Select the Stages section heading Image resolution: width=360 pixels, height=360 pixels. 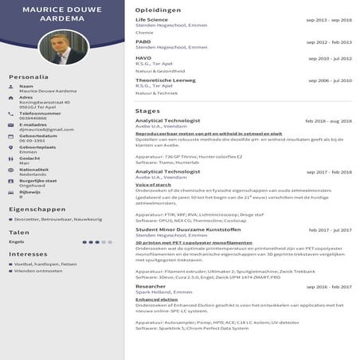148,111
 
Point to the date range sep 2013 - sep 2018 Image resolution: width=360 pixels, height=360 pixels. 329,19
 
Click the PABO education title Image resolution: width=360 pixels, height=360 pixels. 143,41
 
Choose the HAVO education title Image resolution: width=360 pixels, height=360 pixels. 144,58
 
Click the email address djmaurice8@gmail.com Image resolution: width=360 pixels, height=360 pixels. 46,129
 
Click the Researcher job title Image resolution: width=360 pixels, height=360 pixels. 151,286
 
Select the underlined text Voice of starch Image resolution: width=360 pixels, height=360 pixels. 153,185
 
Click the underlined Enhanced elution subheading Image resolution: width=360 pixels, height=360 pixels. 158,299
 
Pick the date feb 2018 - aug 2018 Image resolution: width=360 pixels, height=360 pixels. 328,121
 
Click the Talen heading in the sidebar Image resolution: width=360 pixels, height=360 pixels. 19,233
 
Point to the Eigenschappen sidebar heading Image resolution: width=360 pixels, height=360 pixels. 37,209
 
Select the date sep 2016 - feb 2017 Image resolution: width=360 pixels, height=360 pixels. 329,287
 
